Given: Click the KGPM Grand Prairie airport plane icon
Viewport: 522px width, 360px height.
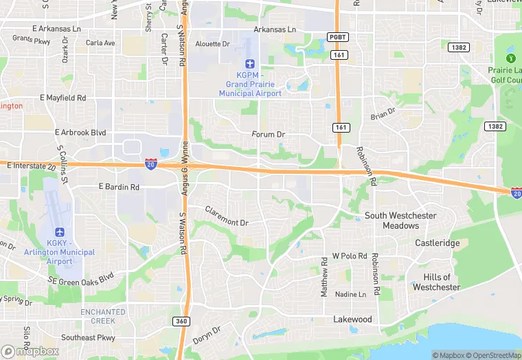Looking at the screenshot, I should click(x=250, y=64).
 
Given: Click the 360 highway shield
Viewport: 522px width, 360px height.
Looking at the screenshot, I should click(x=181, y=321).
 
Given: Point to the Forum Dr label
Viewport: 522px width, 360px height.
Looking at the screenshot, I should click(x=268, y=134).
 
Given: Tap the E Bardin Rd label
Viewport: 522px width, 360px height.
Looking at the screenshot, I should click(x=119, y=187).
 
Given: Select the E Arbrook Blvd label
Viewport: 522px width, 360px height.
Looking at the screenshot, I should click(x=80, y=132).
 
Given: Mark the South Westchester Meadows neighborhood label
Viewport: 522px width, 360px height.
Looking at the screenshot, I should click(x=400, y=221).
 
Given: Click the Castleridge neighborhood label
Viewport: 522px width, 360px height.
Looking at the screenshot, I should click(x=437, y=243).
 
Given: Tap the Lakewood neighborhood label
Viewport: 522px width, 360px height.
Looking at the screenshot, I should click(x=352, y=319).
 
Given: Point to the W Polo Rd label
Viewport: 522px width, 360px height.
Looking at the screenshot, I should click(x=350, y=256).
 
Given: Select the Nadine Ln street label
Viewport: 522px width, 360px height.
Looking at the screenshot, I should click(x=350, y=294).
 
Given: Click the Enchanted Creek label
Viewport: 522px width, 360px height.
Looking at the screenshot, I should click(x=103, y=316).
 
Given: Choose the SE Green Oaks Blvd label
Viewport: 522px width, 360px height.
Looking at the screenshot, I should click(x=81, y=279).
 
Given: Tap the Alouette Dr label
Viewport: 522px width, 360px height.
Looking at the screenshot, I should click(x=214, y=43).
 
